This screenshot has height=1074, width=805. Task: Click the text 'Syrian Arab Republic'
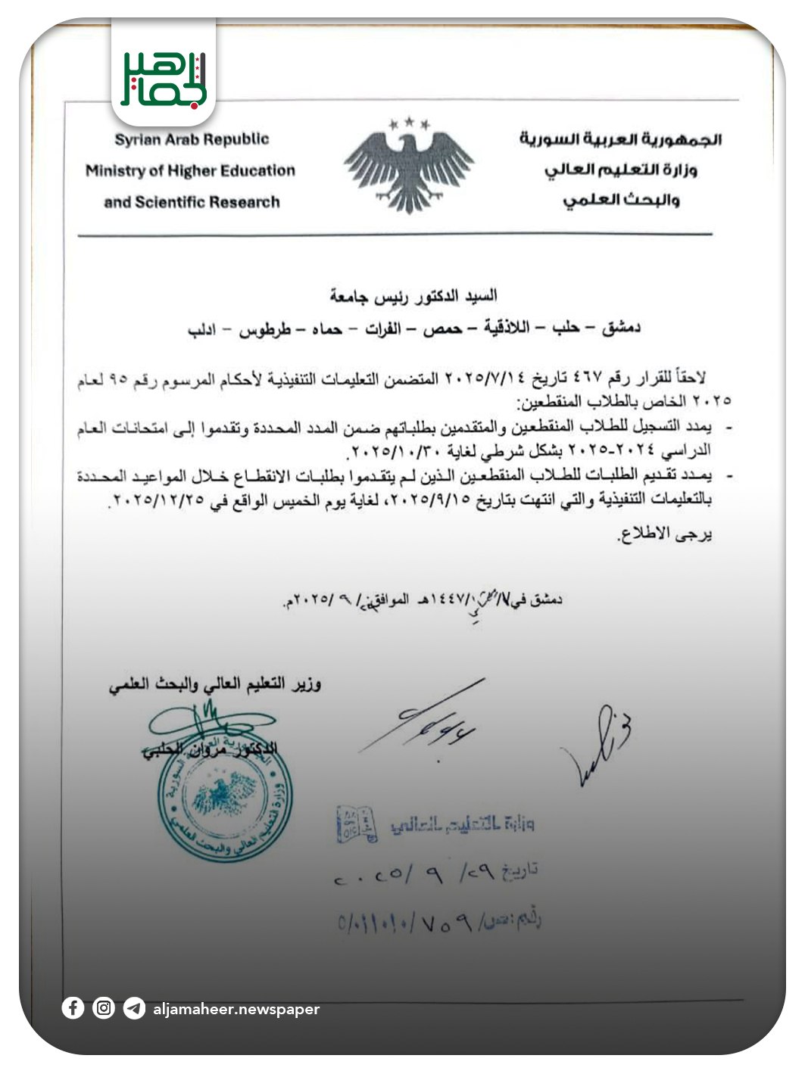pyautogui.click(x=192, y=139)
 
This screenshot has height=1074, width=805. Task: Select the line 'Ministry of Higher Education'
pyautogui.click(x=190, y=171)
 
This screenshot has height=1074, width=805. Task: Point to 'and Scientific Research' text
pyautogui.click(x=192, y=202)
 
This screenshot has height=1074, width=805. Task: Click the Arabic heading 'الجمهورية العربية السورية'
pyautogui.click(x=620, y=139)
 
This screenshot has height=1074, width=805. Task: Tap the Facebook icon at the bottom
pyautogui.click(x=73, y=1008)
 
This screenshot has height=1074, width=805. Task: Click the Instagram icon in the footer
pyautogui.click(x=104, y=1008)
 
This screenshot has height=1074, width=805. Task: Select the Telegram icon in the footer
pyautogui.click(x=134, y=1009)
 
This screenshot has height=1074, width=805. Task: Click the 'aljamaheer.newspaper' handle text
pyautogui.click(x=236, y=1009)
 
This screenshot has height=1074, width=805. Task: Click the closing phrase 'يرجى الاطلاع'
pyautogui.click(x=666, y=534)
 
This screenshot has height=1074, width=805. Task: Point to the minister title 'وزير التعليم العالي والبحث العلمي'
pyautogui.click(x=214, y=685)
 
